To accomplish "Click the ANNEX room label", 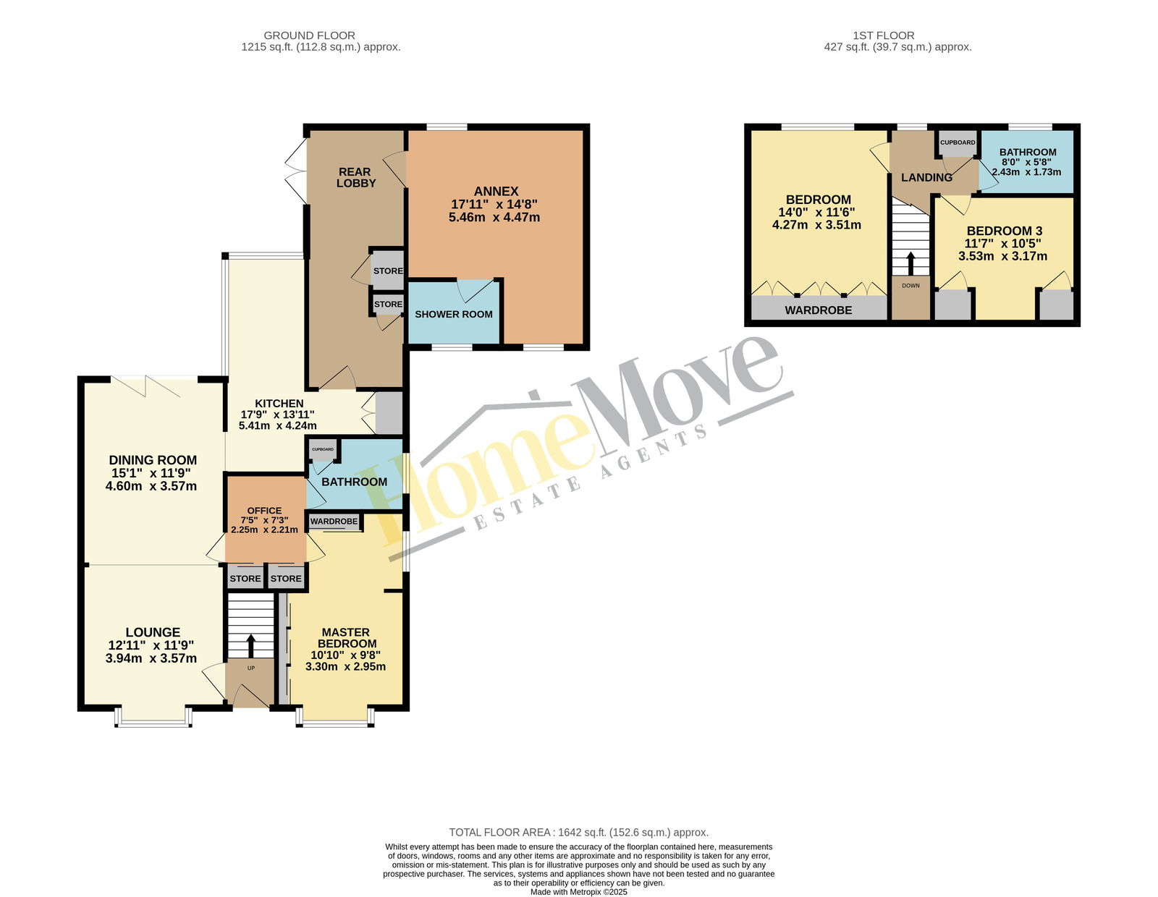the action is (496, 191).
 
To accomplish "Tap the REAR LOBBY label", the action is (356, 177).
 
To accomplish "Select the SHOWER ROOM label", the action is (454, 314).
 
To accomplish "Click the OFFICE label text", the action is (264, 510).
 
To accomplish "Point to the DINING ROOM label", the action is (153, 459).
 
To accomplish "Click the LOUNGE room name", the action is (153, 632).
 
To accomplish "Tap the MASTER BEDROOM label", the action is (347, 637).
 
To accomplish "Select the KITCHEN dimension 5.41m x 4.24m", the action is (278, 425).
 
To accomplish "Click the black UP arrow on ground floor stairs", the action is (250, 645).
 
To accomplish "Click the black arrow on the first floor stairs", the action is (910, 263).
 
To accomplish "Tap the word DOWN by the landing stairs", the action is (910, 286).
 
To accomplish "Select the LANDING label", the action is (926, 177).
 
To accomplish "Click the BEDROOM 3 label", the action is (1005, 231).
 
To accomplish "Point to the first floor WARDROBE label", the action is (819, 310).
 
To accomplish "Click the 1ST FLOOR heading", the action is (884, 35).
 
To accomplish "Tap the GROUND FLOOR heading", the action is (310, 35).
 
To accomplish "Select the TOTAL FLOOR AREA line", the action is (579, 832).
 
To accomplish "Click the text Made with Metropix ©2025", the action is (579, 892).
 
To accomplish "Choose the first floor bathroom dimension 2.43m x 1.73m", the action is (1026, 172).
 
